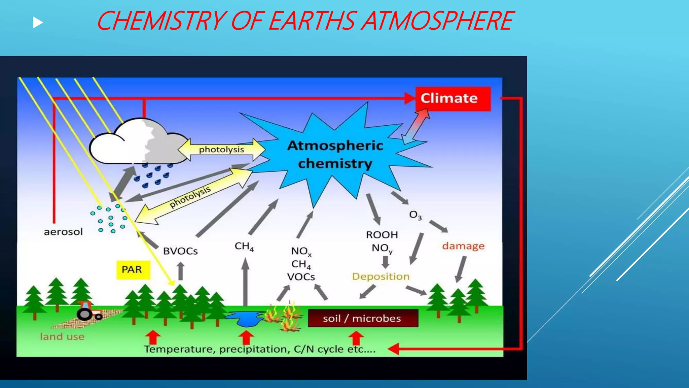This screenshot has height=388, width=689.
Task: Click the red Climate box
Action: [x=453, y=99]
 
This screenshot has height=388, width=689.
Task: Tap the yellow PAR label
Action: [x=133, y=270]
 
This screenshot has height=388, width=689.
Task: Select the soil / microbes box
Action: [x=363, y=318]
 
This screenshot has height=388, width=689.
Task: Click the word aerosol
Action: [x=63, y=232]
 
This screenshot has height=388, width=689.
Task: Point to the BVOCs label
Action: [x=180, y=251]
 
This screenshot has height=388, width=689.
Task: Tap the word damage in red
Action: [x=463, y=246]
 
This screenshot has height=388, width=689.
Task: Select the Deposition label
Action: [x=381, y=277]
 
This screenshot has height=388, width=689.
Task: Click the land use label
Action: [x=62, y=336]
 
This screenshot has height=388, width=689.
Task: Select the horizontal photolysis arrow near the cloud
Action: [x=221, y=150]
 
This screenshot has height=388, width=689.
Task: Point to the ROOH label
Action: [x=382, y=235]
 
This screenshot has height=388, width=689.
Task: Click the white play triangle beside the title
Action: [x=38, y=23]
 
